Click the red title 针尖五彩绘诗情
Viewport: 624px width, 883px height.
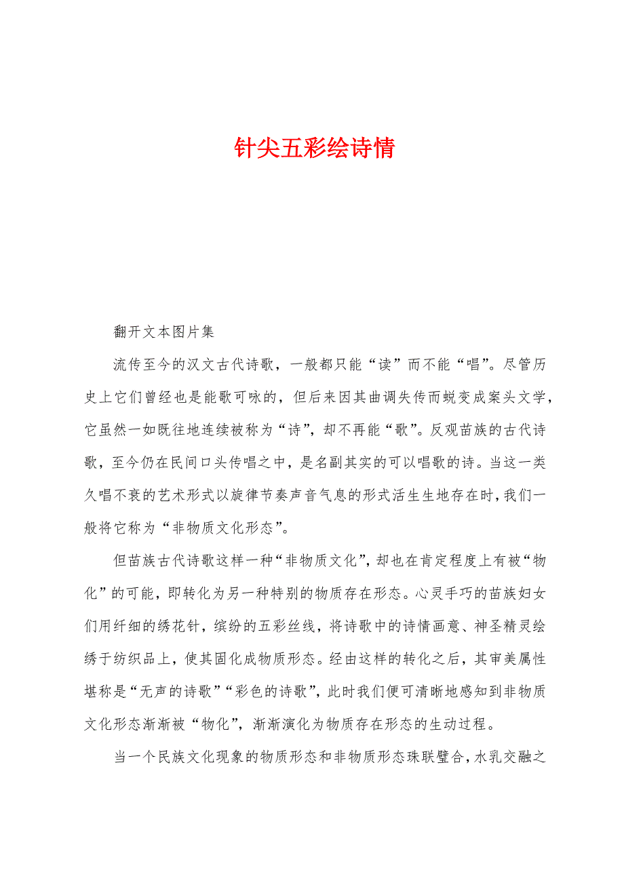tap(314, 148)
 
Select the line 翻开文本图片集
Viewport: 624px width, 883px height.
tap(163, 332)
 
